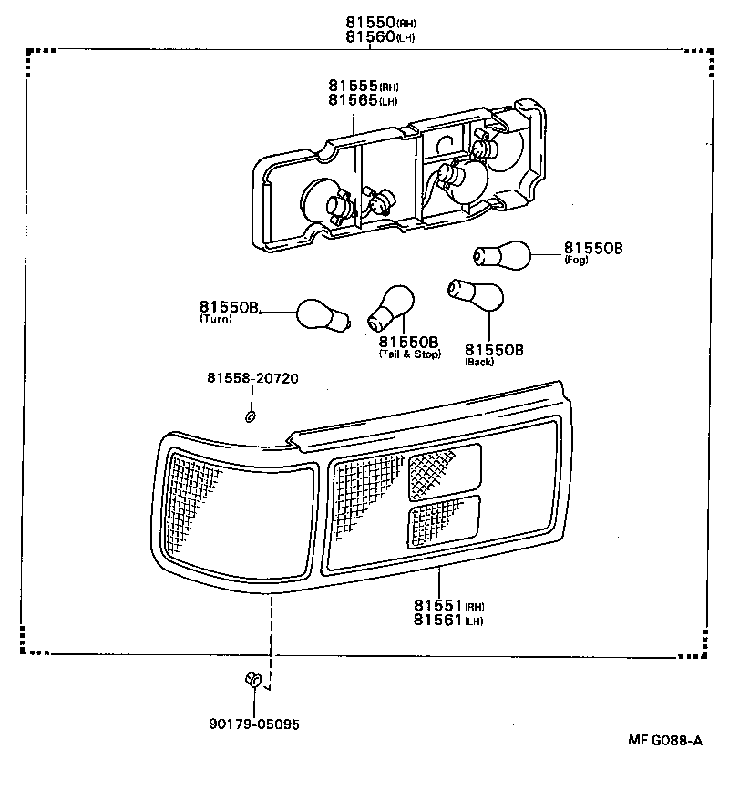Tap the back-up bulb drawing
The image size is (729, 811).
[x=476, y=293]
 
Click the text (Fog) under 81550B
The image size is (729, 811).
[x=577, y=261]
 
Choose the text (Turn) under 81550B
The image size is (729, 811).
[x=216, y=319]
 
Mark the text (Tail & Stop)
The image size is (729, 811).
[x=409, y=354]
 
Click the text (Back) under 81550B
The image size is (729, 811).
[x=479, y=361]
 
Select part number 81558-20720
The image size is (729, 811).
[x=252, y=378]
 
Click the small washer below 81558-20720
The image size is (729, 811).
[x=250, y=417]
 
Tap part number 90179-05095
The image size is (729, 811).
[x=254, y=724]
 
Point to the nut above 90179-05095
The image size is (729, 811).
[x=254, y=680]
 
